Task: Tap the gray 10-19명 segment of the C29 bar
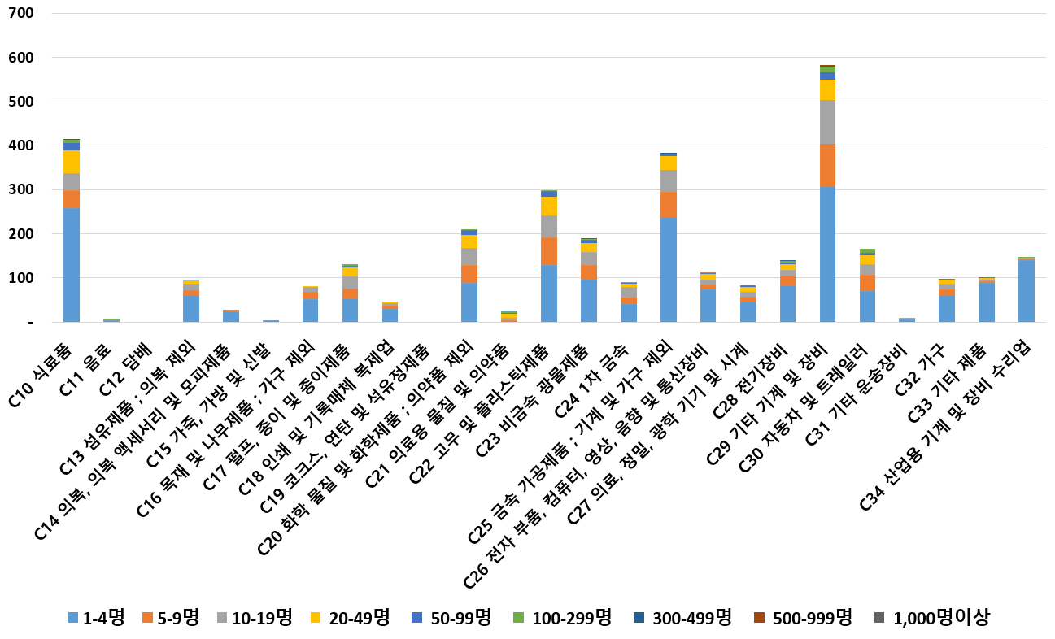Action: [x=827, y=122]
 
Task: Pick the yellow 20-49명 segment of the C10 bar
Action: [x=72, y=162]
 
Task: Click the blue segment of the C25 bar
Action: [x=669, y=269]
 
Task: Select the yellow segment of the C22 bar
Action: [x=549, y=206]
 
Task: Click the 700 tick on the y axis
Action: [x=23, y=14]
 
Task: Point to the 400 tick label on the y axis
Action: [x=23, y=146]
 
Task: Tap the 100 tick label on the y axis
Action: [x=23, y=278]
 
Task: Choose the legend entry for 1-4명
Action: [x=96, y=618]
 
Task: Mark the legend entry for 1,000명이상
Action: [x=931, y=618]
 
